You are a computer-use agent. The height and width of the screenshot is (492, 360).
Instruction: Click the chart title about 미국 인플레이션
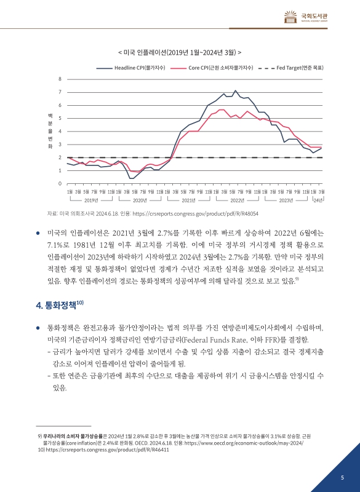(x=179, y=52)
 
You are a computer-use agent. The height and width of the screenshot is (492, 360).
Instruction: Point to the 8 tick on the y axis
(x=60, y=79)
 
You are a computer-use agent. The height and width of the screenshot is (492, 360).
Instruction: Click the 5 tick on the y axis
(x=60, y=118)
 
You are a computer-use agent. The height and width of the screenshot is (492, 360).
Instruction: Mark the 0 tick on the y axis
(x=60, y=184)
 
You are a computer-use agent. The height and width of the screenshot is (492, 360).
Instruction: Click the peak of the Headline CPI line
(x=234, y=91)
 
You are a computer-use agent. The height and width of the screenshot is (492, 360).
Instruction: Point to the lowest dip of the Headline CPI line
(x=131, y=178)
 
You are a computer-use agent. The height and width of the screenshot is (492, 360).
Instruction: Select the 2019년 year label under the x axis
(x=91, y=200)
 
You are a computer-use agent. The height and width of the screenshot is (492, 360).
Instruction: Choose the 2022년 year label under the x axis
(x=238, y=200)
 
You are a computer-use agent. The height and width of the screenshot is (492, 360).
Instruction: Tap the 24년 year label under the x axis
(x=318, y=200)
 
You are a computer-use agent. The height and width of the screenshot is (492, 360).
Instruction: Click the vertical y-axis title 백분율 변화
(x=50, y=132)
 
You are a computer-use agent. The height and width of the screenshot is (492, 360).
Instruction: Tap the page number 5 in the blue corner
(x=342, y=477)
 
